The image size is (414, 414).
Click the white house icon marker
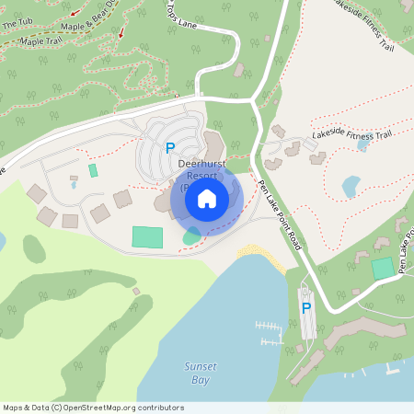[x=207, y=198]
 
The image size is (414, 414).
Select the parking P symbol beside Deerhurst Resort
[x=169, y=146]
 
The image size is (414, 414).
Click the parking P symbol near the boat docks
[x=306, y=308]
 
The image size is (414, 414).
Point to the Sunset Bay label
[x=200, y=372]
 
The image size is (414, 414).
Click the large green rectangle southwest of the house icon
[x=147, y=236]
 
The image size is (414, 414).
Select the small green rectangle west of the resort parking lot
[x=93, y=170]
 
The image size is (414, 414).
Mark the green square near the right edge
[x=383, y=269]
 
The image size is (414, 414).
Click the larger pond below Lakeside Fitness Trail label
[x=351, y=187]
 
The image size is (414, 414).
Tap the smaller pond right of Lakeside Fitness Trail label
[x=363, y=144]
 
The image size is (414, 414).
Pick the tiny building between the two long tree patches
[x=136, y=292]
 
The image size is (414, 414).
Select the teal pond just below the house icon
[x=191, y=236]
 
